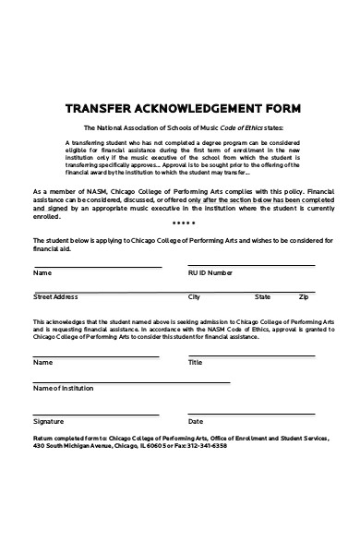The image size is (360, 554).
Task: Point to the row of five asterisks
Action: (184, 223)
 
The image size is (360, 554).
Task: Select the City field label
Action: (194, 297)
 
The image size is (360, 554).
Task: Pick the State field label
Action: (263, 297)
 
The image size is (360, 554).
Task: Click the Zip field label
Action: (304, 297)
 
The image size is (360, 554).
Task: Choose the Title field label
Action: (195, 363)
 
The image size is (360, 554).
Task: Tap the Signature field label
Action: (50, 421)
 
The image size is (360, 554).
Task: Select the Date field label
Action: (196, 421)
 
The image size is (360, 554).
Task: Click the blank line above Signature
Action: (96, 413)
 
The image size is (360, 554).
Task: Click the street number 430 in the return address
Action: (39, 444)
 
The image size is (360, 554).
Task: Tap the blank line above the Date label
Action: (259, 413)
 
